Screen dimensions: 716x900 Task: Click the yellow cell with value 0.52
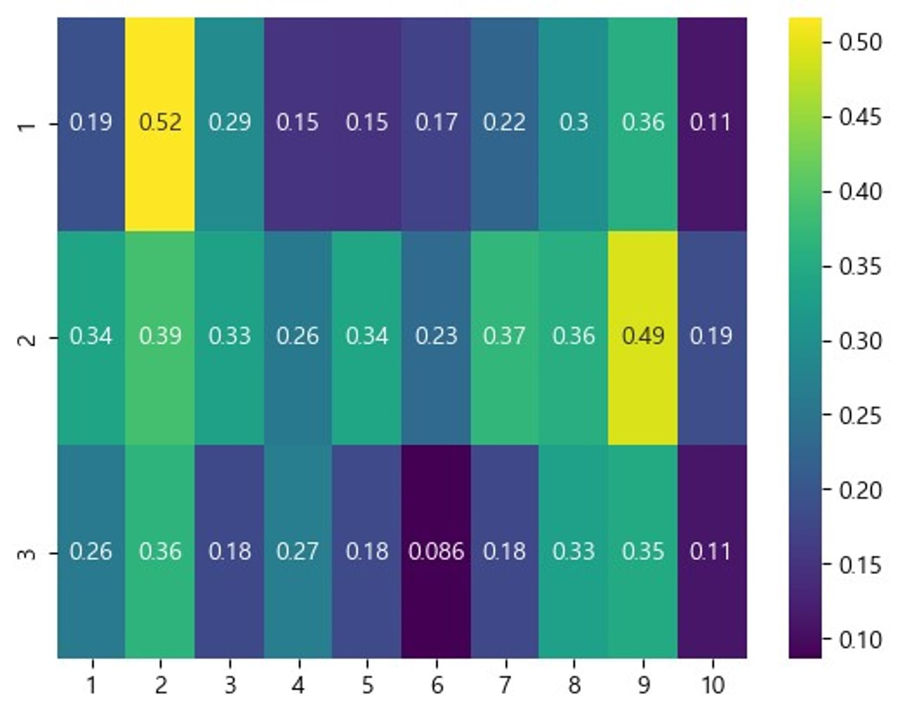[x=160, y=123]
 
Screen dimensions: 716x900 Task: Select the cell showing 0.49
[x=643, y=337]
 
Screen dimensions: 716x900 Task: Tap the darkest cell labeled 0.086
[x=436, y=551]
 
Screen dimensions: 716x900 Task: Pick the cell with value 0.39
[x=160, y=337]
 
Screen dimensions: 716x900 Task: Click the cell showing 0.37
[x=504, y=337]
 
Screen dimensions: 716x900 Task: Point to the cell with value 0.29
[x=229, y=123]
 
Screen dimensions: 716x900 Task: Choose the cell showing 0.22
[x=504, y=123]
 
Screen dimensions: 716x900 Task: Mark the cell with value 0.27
[x=297, y=551]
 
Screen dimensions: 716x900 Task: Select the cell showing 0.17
[x=436, y=123]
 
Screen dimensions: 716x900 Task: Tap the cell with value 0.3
[x=574, y=123]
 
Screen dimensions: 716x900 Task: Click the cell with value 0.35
[x=643, y=551]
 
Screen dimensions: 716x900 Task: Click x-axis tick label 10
[x=712, y=684]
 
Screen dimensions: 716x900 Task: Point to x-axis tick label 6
[x=436, y=684]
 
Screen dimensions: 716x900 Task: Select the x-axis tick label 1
[x=91, y=684]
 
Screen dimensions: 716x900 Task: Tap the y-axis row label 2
[x=27, y=338]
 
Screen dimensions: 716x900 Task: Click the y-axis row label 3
[x=27, y=553]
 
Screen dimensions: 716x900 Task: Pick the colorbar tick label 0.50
[x=860, y=42]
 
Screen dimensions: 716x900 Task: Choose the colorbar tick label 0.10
[x=860, y=640]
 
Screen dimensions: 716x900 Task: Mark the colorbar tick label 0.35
[x=860, y=267]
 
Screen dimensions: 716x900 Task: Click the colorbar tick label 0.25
[x=860, y=416]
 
